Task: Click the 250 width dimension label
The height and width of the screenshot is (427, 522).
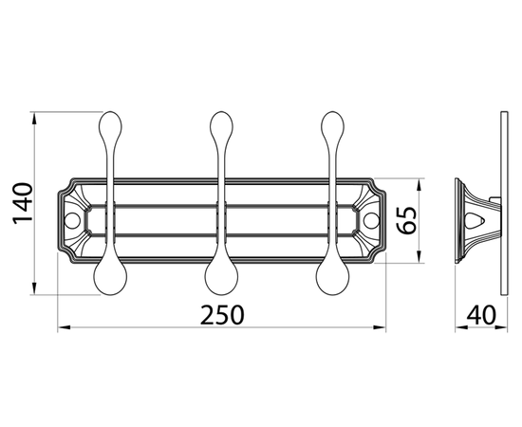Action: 222,315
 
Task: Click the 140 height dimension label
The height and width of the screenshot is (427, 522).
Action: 23,203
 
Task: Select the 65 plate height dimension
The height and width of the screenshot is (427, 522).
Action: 406,220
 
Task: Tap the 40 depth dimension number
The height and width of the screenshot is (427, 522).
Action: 481,315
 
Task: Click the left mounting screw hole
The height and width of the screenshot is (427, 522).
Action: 72,221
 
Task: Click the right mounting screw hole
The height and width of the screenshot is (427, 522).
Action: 371,221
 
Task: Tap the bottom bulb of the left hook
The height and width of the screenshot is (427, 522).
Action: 110,278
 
